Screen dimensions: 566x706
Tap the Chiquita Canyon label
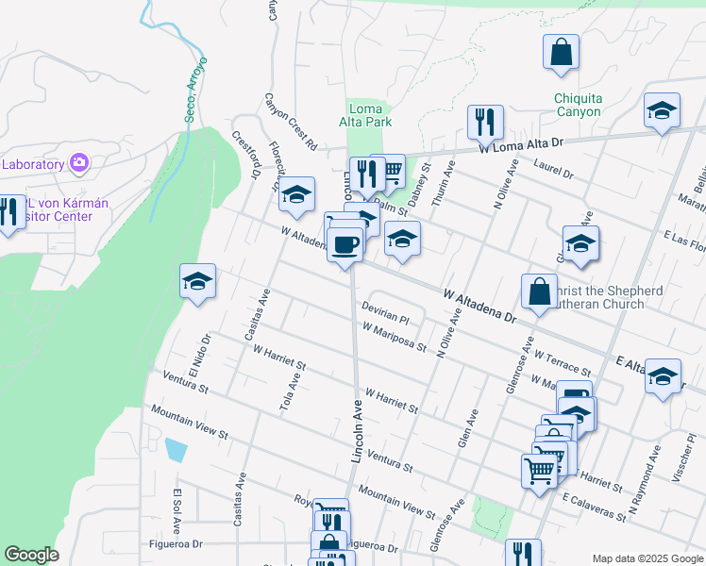578,105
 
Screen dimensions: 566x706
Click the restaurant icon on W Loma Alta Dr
485,122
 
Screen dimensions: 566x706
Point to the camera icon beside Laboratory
78,163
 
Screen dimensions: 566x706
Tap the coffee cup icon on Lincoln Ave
344,246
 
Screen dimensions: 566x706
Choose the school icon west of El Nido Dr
198,281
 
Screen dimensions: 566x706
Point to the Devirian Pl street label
385,314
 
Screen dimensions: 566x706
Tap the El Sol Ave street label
176,509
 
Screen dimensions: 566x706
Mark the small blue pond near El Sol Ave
176,449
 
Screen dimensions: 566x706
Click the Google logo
31,555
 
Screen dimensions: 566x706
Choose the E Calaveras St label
594,507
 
